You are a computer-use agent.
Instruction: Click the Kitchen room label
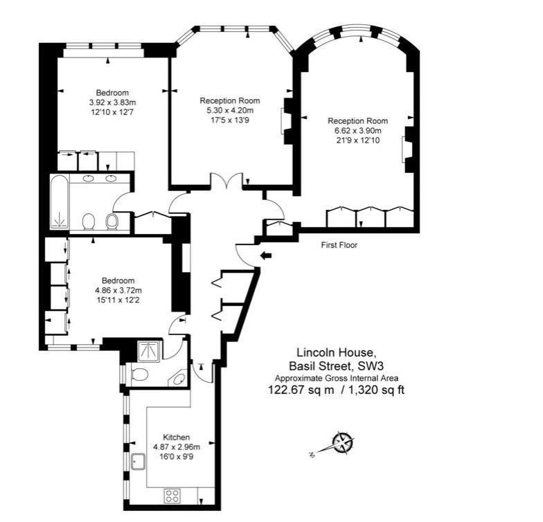[176, 438]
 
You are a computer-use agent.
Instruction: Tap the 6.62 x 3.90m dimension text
[357, 131]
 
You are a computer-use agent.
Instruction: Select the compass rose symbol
[343, 443]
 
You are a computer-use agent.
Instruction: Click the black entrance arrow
[266, 256]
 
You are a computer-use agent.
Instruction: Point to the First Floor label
[339, 245]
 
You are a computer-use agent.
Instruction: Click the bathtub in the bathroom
[60, 202]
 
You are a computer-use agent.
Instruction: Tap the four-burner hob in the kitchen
[172, 496]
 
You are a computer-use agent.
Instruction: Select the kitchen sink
[139, 461]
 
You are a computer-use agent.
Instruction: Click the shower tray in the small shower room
[149, 351]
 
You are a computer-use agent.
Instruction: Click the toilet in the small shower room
[139, 374]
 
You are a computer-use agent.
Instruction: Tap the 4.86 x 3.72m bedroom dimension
[118, 291]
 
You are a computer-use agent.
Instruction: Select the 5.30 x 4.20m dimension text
[230, 111]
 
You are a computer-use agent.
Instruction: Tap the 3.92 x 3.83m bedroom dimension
[112, 102]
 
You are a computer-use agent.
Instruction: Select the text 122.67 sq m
[301, 390]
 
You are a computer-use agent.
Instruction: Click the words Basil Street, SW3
[337, 366]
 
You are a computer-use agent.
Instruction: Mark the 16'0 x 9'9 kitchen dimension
[176, 457]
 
